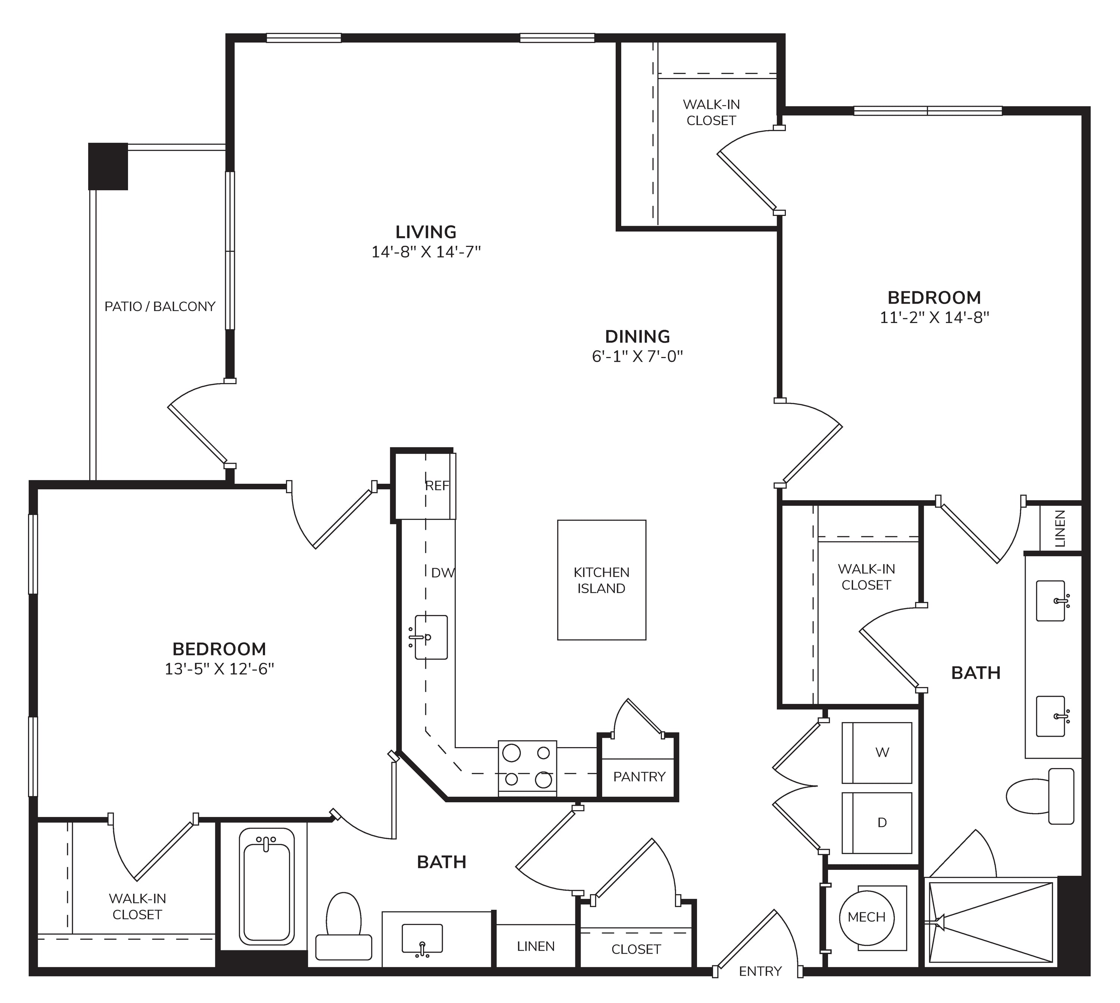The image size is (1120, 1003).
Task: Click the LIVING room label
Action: point(426,232)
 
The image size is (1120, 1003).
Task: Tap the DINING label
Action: point(638,336)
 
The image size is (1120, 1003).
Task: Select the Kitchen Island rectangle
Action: point(602,580)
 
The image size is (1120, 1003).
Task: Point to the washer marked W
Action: point(877,753)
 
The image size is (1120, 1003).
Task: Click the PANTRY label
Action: point(639,777)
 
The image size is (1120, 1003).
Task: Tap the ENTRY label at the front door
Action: point(760,971)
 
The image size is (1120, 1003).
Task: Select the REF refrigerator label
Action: point(437,486)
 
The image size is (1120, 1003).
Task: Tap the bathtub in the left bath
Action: point(266,887)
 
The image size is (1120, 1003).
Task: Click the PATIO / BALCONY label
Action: point(160,306)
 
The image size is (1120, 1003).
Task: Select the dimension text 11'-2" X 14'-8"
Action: point(934,317)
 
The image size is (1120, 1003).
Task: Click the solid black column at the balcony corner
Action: point(108,166)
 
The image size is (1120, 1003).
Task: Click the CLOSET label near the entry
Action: point(636,949)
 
